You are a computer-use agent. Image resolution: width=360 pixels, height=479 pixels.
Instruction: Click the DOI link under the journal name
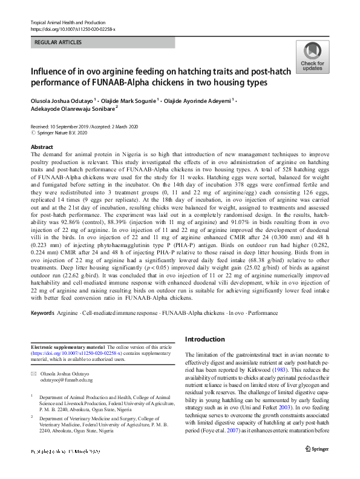pos(73,29)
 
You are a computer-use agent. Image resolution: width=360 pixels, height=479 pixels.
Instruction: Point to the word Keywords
pos(43,313)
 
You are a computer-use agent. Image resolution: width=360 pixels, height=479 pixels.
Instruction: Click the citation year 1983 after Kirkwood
pos(278,370)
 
